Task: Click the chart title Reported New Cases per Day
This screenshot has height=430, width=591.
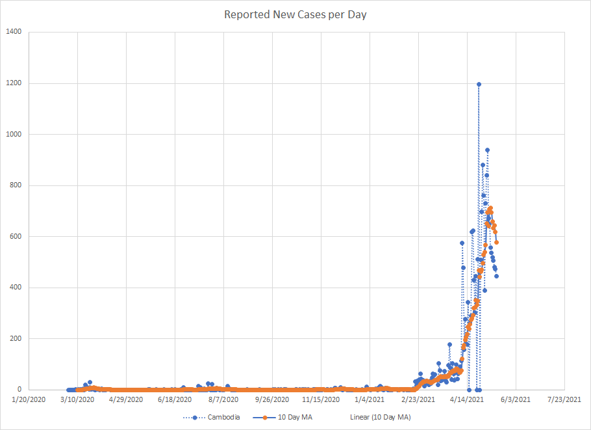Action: click(295, 14)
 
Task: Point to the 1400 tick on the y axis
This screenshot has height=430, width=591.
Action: click(14, 32)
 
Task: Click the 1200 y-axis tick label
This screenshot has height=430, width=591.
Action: click(14, 83)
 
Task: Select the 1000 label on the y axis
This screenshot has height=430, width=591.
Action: click(14, 134)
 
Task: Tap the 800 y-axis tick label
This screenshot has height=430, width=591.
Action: click(16, 185)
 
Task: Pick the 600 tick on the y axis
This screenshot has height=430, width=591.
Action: click(16, 236)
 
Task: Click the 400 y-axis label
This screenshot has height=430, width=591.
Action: click(16, 288)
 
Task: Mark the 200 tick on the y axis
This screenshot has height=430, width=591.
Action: click(16, 338)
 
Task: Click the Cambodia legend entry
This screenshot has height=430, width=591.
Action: click(224, 417)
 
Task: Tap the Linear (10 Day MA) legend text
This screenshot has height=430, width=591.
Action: click(380, 417)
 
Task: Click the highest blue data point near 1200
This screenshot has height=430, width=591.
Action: click(479, 84)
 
